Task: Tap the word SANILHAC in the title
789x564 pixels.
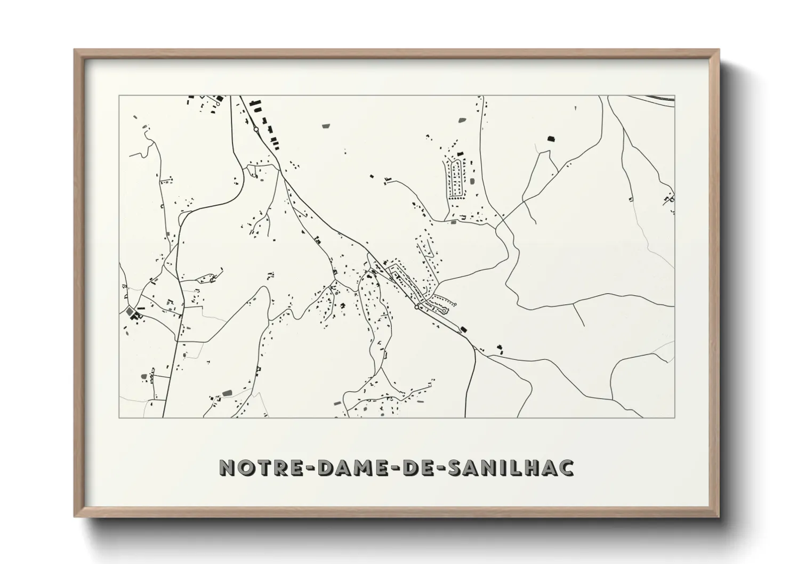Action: pos(511,468)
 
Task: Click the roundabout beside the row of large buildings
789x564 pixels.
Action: pos(256,129)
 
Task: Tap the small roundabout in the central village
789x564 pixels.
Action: pos(416,307)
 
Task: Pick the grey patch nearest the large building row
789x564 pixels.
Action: pos(326,127)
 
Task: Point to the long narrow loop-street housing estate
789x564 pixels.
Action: pos(455,178)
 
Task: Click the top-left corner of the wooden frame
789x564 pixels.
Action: pos(75,50)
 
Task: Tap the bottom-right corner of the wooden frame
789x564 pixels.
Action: pos(718,517)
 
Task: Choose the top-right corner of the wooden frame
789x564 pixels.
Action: pos(718,50)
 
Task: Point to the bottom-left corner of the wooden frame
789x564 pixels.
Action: pos(75,517)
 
